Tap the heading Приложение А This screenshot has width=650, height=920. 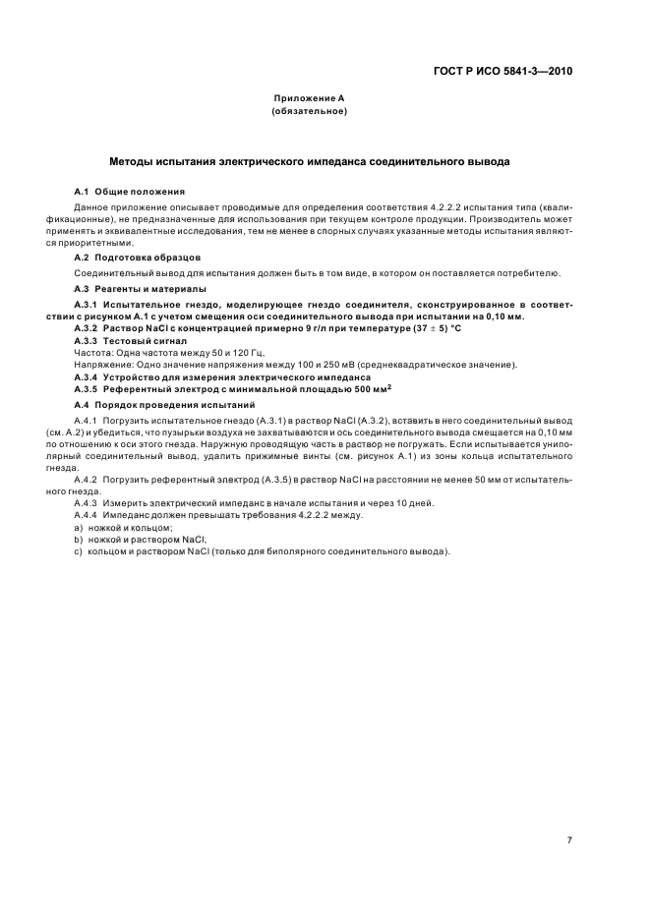coord(309,99)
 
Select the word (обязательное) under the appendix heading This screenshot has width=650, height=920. coord(309,112)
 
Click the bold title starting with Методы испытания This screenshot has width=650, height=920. coord(309,160)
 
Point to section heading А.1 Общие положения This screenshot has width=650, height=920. coord(130,190)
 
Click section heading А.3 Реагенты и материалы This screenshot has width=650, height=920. coord(141,289)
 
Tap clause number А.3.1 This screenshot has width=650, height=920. coord(90,306)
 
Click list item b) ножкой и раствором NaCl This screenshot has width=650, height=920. coord(141,540)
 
